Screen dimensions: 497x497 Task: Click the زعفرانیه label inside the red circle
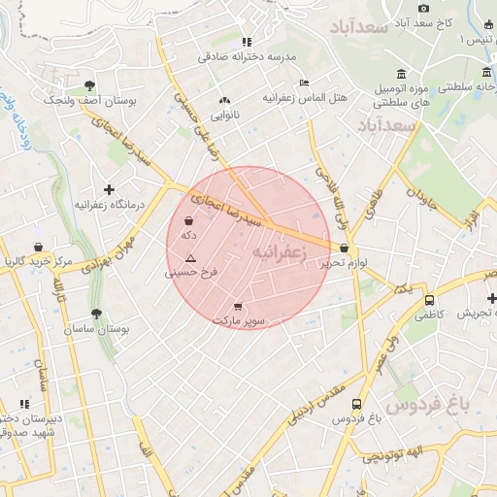pos(280,251)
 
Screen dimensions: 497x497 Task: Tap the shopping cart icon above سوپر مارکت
pos(239,306)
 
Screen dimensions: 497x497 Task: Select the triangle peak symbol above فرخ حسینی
pos(190,258)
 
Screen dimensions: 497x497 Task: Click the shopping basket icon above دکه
pos(188,221)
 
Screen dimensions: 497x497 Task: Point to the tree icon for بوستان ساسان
pos(95,315)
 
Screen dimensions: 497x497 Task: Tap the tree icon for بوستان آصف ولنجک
pos(90,85)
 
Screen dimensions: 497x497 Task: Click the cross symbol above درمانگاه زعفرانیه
pos(109,189)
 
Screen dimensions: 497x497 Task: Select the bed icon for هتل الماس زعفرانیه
pos(304,83)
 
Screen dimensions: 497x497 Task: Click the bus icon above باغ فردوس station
pos(356,404)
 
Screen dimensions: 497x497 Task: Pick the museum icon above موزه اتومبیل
pos(402,74)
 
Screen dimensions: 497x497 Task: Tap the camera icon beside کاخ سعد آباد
pos(423,9)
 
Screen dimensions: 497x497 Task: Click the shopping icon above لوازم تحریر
pos(345,248)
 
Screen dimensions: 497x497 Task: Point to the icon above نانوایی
pos(225,100)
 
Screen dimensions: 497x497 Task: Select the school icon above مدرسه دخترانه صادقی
pos(247,42)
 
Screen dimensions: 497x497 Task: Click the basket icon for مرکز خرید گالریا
pos(37,247)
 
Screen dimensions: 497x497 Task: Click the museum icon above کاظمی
pos(429,300)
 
